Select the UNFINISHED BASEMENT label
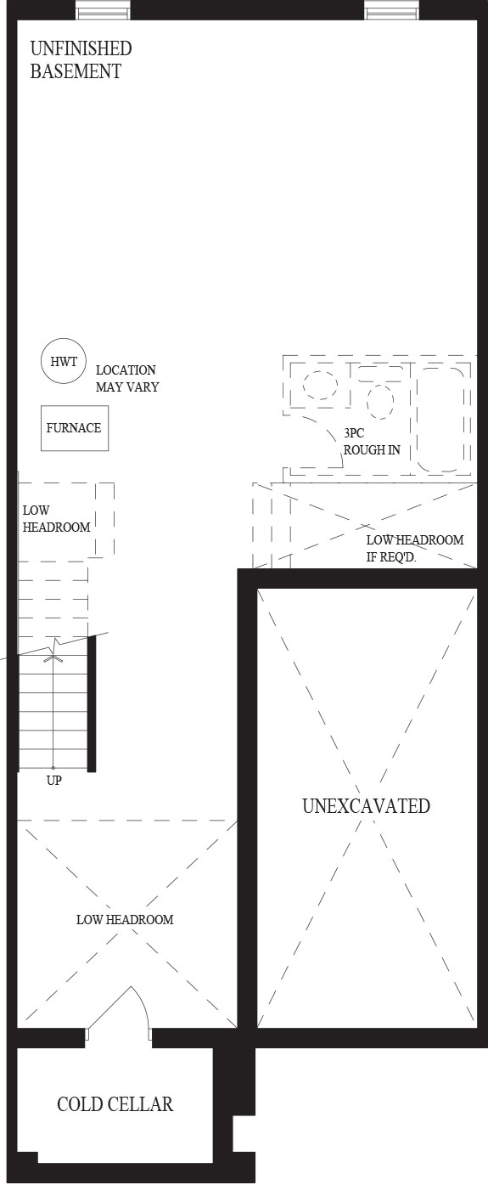81,59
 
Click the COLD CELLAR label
115,1104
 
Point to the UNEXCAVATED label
366,805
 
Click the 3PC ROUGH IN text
372,442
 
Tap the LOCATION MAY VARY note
127,378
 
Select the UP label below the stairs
54,781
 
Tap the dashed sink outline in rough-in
320,385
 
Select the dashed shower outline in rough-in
443,417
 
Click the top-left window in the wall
103,9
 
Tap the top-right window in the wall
392,9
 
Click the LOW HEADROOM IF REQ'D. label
414,548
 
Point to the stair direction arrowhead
53,658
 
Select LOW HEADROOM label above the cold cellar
125,919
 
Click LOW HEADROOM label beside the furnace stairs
56,518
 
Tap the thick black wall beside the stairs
92,703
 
